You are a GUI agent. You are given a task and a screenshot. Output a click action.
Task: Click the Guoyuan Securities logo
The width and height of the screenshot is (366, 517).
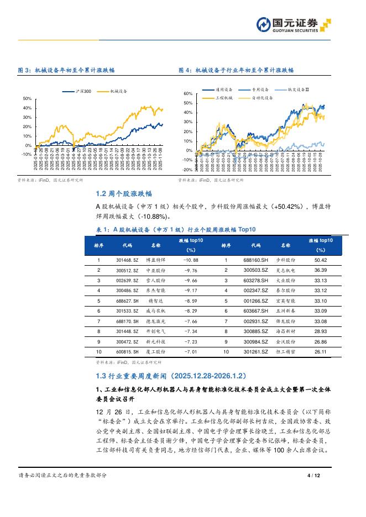coord(293,24)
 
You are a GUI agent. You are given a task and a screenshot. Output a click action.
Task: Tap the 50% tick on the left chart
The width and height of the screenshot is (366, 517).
coord(27,98)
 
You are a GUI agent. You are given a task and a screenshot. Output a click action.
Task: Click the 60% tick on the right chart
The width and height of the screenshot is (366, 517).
coord(188,94)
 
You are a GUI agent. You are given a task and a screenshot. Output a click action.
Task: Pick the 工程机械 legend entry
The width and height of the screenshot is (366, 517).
coord(224,98)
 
